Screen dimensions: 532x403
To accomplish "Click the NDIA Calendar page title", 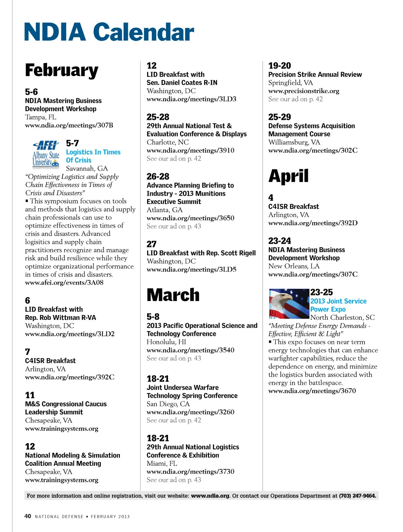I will [109, 32].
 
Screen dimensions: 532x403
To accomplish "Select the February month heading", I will [62, 70].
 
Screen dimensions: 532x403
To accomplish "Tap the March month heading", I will [173, 295].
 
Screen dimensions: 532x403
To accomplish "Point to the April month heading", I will [288, 176].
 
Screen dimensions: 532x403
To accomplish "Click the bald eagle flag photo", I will [289, 304].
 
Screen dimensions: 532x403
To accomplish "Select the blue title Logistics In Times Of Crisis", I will [93, 156].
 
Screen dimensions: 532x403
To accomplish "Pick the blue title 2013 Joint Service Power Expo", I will [338, 305].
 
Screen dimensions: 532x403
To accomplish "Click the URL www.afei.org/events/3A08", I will [64, 282].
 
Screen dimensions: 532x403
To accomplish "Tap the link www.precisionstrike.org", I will [304, 91].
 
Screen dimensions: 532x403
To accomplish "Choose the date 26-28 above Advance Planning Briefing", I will [158, 177].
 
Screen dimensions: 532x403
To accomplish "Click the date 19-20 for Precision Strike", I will [279, 66].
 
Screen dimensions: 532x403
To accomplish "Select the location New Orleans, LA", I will [294, 266].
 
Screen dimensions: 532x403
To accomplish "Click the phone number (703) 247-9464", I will [357, 496].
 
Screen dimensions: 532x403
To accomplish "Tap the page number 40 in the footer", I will [28, 516].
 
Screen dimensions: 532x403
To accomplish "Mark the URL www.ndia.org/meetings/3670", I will [312, 391].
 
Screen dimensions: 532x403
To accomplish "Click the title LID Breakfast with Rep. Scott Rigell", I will [201, 253].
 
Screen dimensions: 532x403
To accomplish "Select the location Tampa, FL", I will [41, 117].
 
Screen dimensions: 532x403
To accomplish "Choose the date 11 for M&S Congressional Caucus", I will [30, 395].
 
